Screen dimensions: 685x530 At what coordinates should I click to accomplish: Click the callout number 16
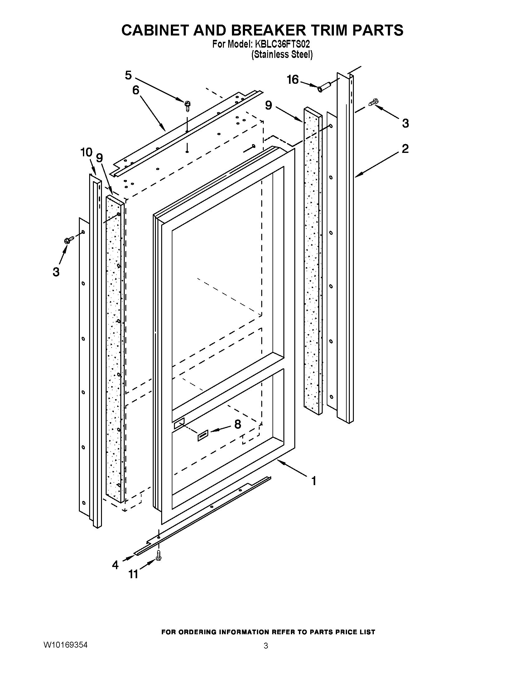click(x=293, y=80)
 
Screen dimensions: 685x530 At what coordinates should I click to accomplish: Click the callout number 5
click(x=128, y=75)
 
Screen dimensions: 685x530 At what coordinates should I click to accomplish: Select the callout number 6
click(x=136, y=90)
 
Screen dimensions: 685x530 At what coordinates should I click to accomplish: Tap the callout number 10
click(x=86, y=153)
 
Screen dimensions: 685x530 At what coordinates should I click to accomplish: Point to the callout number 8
click(x=238, y=424)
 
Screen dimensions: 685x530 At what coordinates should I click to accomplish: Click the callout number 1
click(x=314, y=481)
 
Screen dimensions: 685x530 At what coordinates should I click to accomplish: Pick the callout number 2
click(x=405, y=149)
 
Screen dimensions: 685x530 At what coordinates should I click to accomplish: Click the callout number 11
click(x=133, y=574)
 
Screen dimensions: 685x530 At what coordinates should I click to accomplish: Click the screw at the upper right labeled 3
click(x=373, y=102)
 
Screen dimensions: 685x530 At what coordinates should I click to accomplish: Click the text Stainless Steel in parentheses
click(x=282, y=54)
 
